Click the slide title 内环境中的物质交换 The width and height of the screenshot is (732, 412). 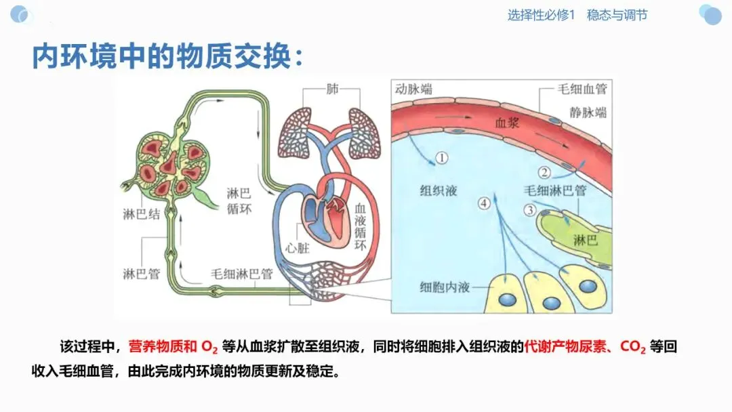(167, 57)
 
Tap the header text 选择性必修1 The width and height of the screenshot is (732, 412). (541, 15)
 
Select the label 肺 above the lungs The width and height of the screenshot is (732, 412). (331, 89)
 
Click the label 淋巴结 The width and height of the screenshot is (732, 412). (142, 215)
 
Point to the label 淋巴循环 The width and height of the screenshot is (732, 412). (239, 201)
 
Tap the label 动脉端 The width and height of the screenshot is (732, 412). (414, 89)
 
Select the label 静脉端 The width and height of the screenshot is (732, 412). (588, 112)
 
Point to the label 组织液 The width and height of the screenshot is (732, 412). (439, 190)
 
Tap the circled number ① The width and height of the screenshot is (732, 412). (441, 158)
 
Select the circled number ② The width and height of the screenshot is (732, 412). (544, 173)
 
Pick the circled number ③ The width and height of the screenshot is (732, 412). (531, 210)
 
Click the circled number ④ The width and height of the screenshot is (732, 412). (483, 203)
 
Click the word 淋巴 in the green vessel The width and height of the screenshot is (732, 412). (585, 241)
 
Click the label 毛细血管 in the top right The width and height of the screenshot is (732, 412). (582, 89)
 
